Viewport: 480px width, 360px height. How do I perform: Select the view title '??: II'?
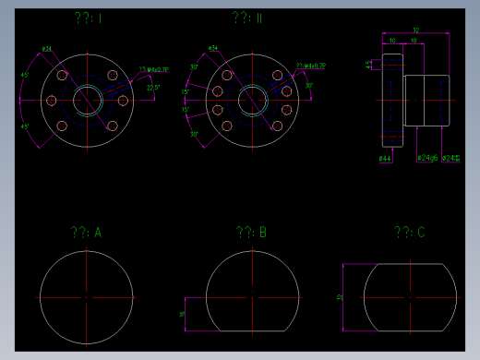point(247,18)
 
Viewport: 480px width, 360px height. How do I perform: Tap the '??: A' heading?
point(85,234)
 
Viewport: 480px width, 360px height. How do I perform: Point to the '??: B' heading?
point(251,234)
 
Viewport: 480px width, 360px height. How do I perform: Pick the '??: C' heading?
point(409,234)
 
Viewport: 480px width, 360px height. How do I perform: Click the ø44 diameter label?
point(386,159)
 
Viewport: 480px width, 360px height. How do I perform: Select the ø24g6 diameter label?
point(427,158)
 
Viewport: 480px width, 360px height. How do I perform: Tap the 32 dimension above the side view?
point(416,30)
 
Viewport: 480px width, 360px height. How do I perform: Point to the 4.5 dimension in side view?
point(370,65)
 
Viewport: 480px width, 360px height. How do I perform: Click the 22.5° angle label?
point(153,89)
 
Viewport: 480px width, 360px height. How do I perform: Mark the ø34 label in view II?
point(213,48)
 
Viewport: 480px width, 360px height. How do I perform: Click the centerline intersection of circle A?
point(86,297)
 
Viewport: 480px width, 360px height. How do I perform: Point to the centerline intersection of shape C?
point(410,297)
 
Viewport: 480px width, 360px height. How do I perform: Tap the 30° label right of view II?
point(309,85)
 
